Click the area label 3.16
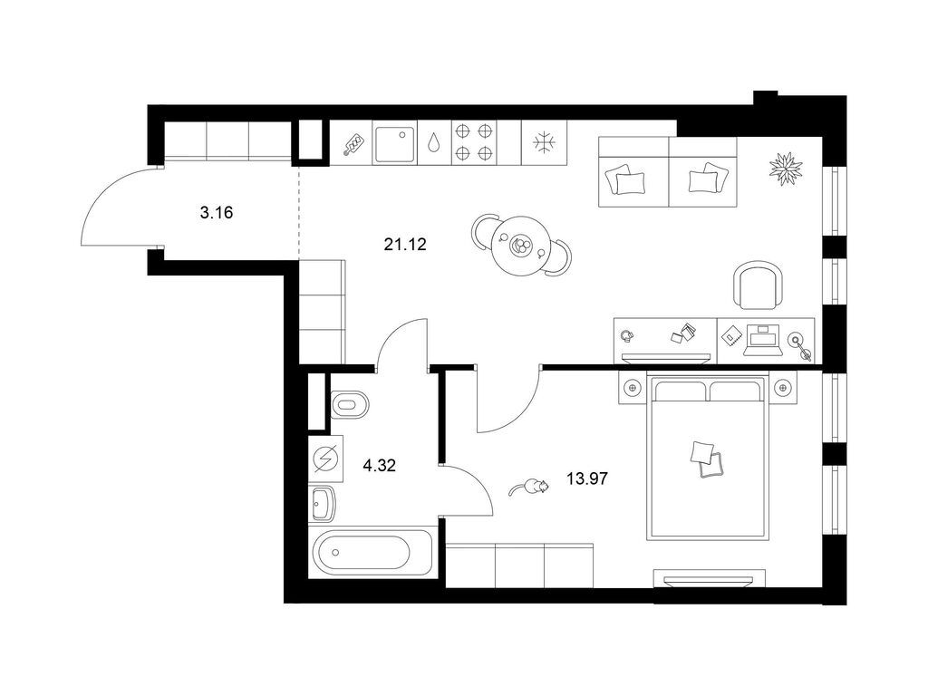(x=215, y=215)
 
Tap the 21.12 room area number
(x=405, y=243)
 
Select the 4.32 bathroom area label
(x=379, y=467)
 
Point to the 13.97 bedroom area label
(x=586, y=478)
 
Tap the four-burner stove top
(x=474, y=143)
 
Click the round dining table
(x=521, y=244)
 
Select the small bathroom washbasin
(x=323, y=503)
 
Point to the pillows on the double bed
(x=706, y=459)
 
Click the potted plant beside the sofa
(x=785, y=169)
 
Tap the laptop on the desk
(x=760, y=339)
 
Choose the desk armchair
(x=757, y=285)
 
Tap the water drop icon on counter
(x=436, y=143)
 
